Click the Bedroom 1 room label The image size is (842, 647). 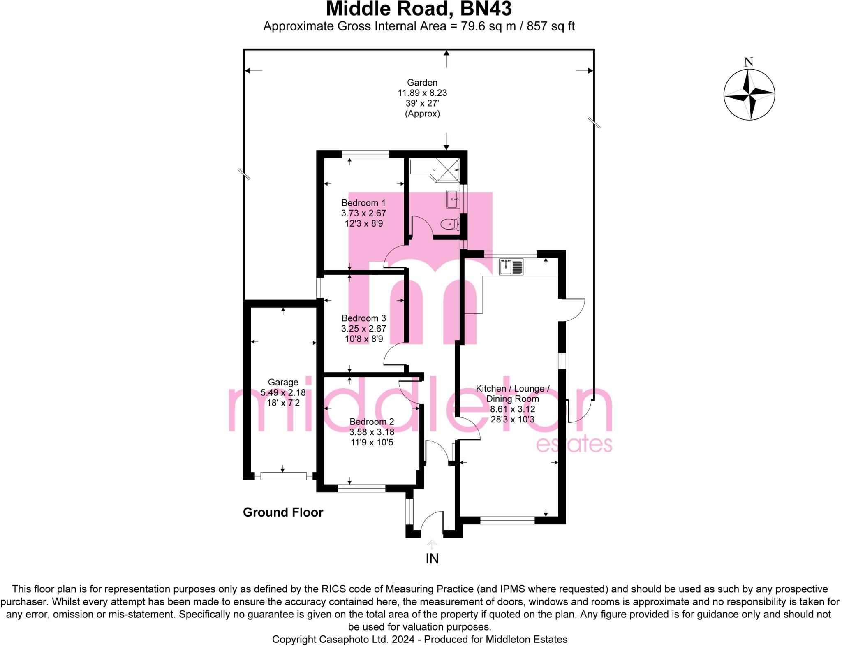coord(363,203)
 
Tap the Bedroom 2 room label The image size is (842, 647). coord(372,422)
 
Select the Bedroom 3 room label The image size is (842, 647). coord(363,318)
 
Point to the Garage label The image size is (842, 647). coord(283,382)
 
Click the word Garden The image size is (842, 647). coord(422,83)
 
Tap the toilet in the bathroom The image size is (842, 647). coord(450,224)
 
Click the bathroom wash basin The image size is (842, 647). coord(453,199)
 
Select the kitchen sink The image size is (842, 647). coord(511,267)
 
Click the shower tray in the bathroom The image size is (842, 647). coord(446,169)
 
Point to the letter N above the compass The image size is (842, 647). coord(749,62)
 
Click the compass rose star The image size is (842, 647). coord(749,95)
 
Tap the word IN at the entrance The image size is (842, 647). coord(432,558)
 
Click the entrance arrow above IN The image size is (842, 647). coord(432,544)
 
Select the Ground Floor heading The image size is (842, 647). coord(283,512)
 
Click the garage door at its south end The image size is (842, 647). coord(283,476)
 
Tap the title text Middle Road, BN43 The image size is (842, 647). coord(419,9)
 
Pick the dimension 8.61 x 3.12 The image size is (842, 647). coord(512,409)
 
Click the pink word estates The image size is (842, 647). coord(574,445)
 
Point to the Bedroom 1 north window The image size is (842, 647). coord(365,154)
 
